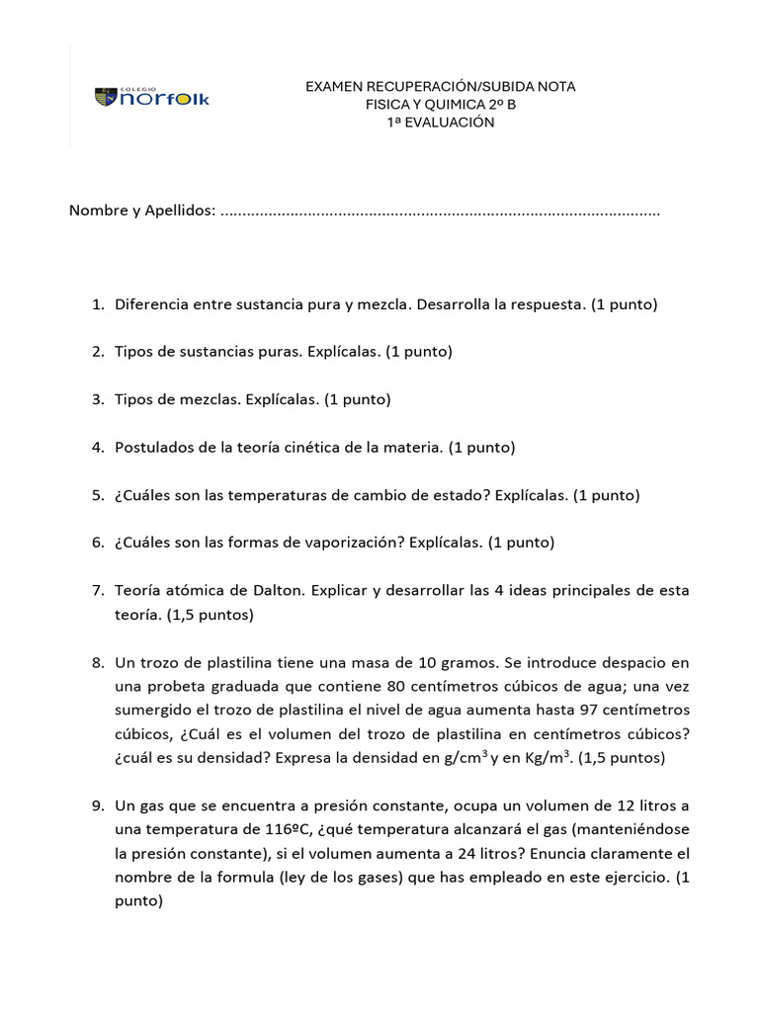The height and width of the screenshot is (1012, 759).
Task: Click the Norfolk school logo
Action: pos(152,97)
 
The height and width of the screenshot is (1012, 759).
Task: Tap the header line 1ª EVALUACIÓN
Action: pos(440,123)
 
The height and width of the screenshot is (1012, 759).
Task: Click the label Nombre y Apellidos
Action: pos(141,211)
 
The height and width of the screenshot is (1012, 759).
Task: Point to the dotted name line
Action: pos(440,211)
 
